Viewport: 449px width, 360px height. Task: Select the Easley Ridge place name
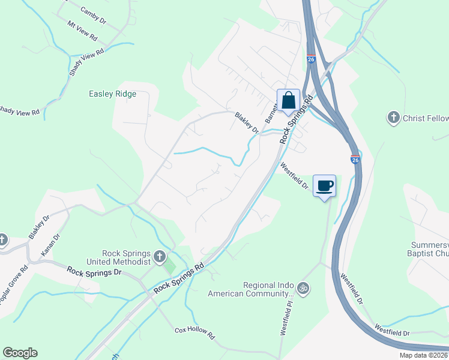click(112, 94)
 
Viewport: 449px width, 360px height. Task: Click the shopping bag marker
click(288, 100)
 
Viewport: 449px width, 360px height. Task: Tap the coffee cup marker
click(324, 186)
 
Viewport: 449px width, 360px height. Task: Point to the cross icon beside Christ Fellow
click(394, 118)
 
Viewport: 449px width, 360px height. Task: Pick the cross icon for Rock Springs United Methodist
click(159, 257)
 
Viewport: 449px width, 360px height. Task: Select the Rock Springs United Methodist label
click(118, 257)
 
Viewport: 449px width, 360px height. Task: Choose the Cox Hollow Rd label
click(194, 333)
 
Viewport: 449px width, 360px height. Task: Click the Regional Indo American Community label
click(252, 289)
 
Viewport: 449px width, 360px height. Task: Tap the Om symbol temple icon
click(304, 289)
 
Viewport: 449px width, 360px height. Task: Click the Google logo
click(20, 353)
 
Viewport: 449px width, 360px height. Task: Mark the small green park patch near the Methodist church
click(170, 264)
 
